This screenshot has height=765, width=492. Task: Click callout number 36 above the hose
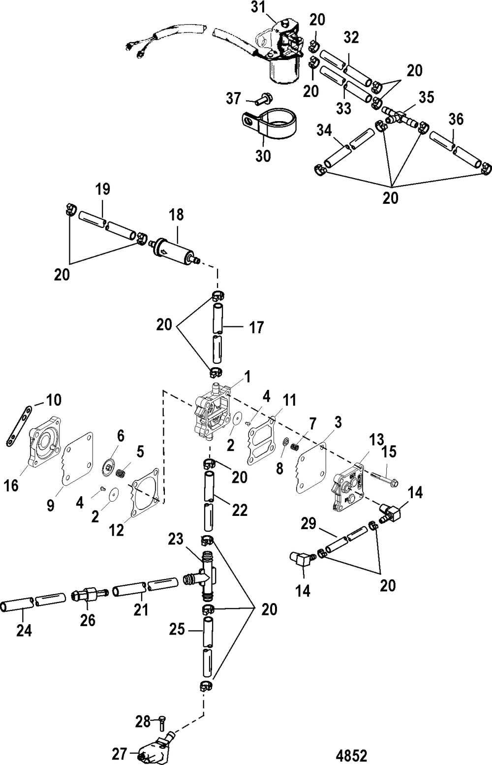456,119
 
